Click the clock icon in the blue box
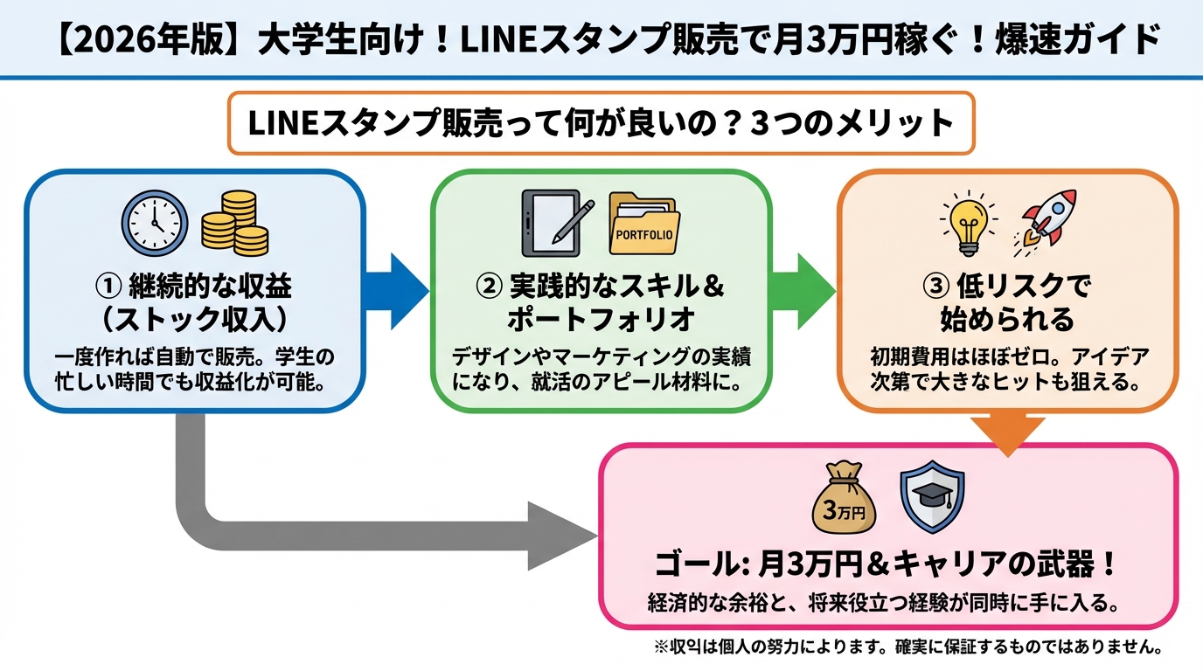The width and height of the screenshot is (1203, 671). [154, 221]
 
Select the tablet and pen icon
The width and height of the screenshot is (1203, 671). [556, 222]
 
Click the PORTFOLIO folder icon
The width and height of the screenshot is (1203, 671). [644, 224]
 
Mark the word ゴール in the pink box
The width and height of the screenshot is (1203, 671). [696, 565]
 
